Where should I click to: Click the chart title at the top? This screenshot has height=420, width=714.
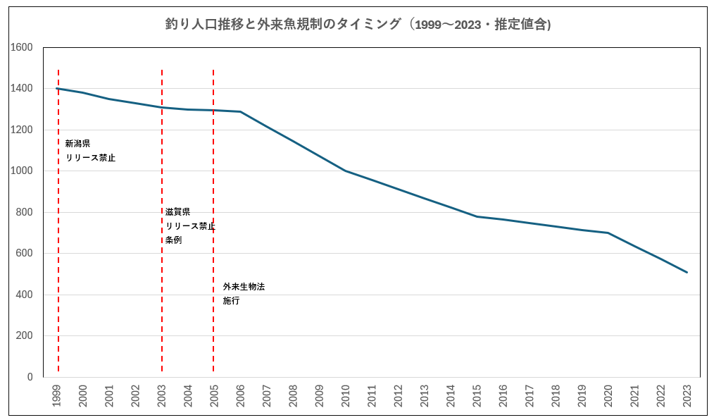coord(357,25)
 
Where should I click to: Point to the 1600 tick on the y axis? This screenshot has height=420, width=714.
coord(22,47)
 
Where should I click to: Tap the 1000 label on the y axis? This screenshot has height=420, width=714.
coord(22,171)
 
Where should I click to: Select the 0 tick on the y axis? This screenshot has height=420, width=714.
coord(30,377)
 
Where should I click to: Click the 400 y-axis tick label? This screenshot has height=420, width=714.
coord(25,295)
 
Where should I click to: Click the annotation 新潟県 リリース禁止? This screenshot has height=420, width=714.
coord(90,151)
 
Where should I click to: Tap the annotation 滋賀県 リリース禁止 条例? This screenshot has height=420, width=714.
coord(189,226)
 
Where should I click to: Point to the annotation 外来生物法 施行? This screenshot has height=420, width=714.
coord(244,293)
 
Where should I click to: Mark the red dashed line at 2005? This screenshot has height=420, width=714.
coord(213,176)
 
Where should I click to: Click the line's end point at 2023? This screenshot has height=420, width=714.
coord(687,272)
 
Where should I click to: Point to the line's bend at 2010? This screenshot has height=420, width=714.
coord(346,171)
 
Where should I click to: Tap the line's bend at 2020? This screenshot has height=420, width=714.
coord(608,233)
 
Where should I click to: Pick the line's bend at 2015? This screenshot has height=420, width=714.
coord(477,216)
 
